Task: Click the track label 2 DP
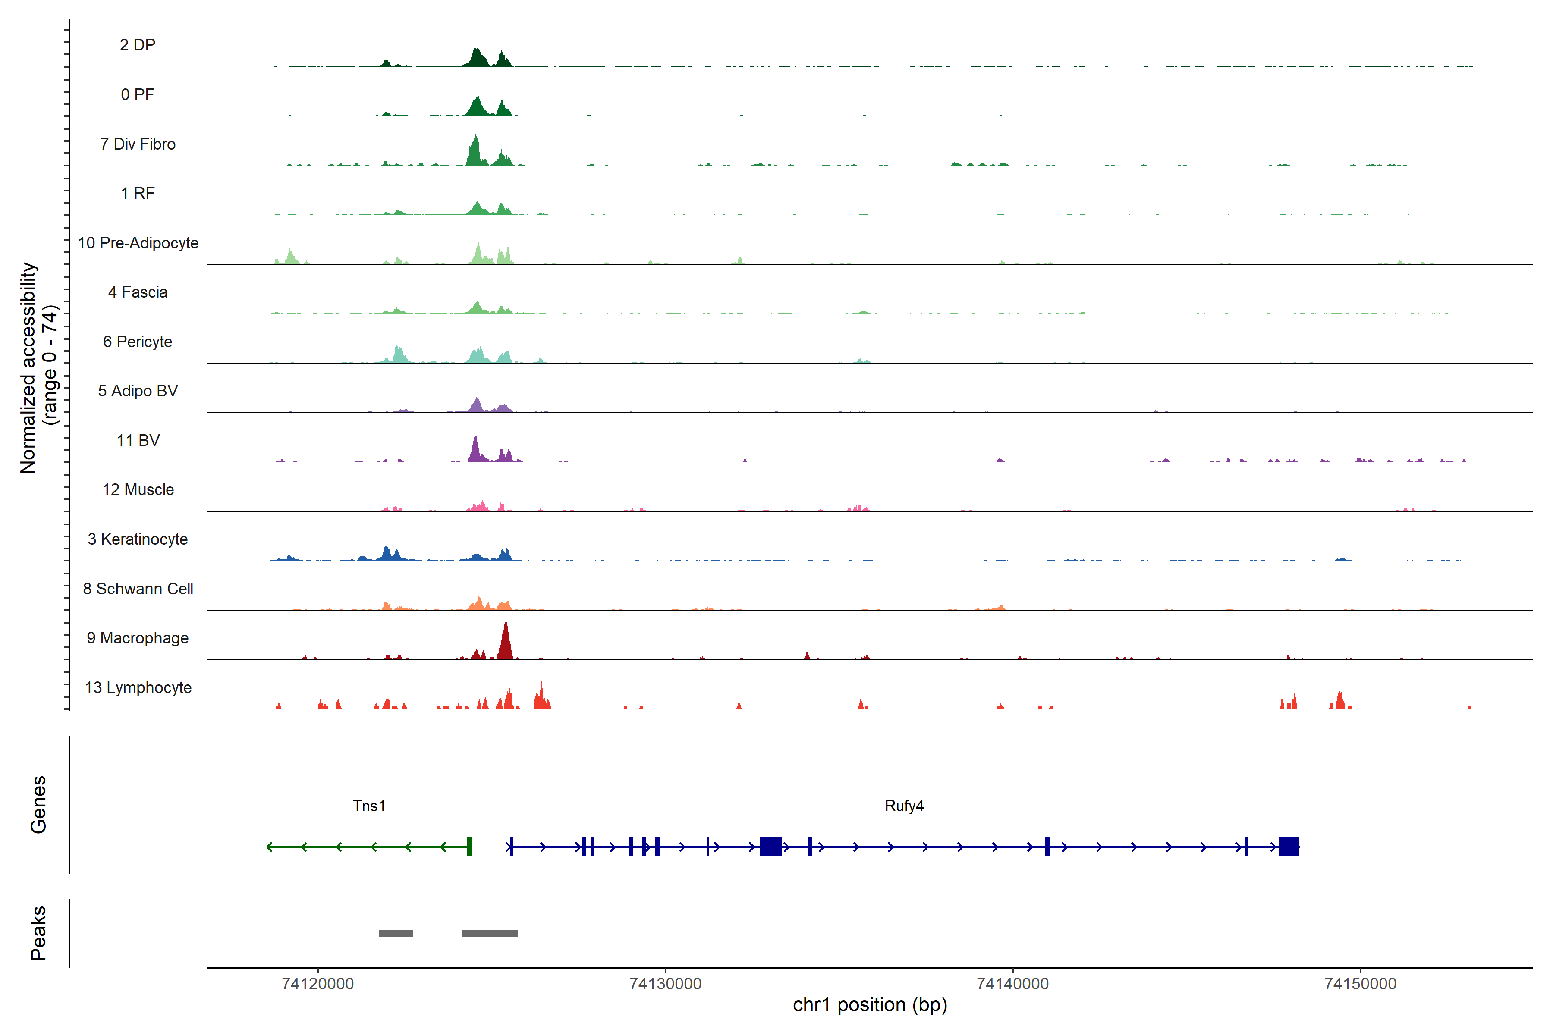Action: pyautogui.click(x=137, y=45)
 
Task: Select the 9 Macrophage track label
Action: pyautogui.click(x=137, y=638)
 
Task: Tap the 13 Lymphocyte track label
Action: pyautogui.click(x=138, y=688)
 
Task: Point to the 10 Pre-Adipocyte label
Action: pyautogui.click(x=138, y=243)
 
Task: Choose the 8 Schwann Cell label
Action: pyautogui.click(x=138, y=589)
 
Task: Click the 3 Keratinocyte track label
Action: pyautogui.click(x=137, y=539)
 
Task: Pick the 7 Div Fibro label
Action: pyautogui.click(x=137, y=144)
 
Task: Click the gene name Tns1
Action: pyautogui.click(x=368, y=806)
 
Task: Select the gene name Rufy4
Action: pyautogui.click(x=904, y=806)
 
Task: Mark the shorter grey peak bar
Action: pyautogui.click(x=396, y=933)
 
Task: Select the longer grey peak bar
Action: pyautogui.click(x=489, y=933)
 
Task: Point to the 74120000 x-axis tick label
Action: pyautogui.click(x=318, y=984)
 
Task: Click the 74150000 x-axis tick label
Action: pyautogui.click(x=1360, y=984)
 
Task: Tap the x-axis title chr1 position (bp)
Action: pyautogui.click(x=870, y=1005)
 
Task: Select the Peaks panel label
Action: pyautogui.click(x=38, y=933)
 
